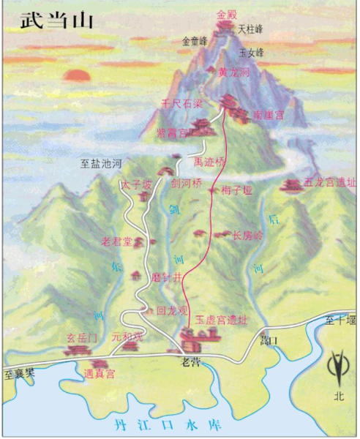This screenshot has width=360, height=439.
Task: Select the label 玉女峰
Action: pos(250,53)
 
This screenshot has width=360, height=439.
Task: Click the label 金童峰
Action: pos(195,41)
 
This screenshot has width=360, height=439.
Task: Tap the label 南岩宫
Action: pos(266,116)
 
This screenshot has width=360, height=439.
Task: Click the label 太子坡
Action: pos(137,186)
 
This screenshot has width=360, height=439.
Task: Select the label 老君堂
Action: pos(117,241)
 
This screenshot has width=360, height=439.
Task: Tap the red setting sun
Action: pos(75,75)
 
